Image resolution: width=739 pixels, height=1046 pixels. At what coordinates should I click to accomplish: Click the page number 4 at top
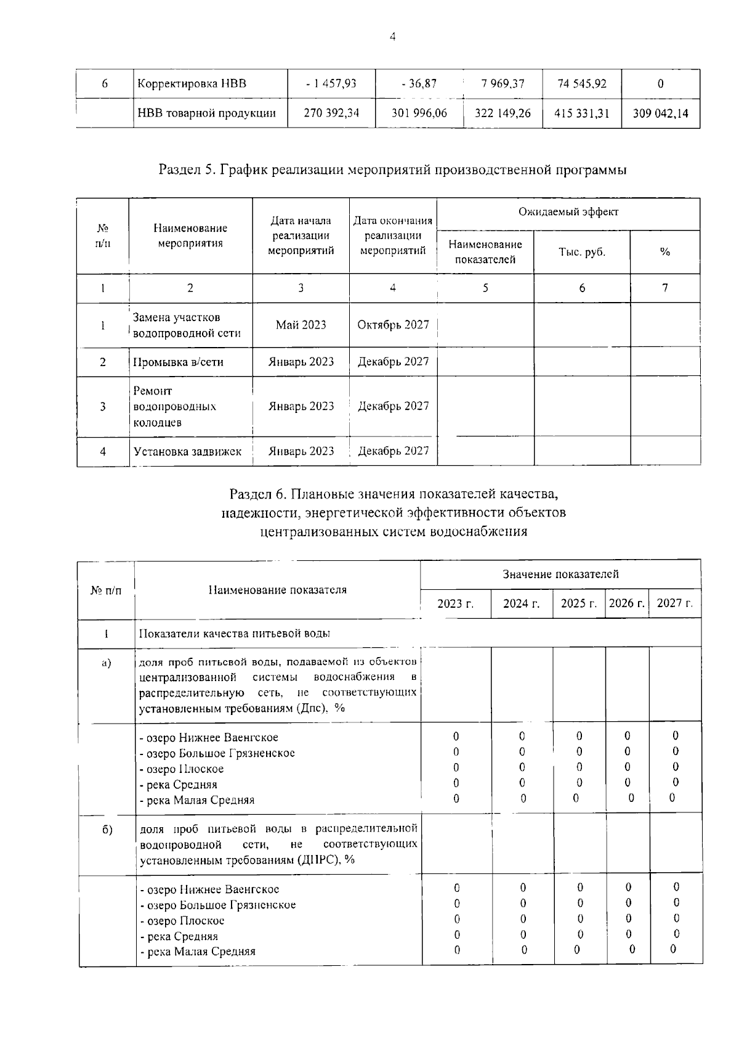coord(392,36)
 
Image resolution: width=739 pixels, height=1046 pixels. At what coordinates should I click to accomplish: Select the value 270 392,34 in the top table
coord(331,113)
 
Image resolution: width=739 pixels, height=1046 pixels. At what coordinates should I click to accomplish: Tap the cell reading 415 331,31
coord(582,113)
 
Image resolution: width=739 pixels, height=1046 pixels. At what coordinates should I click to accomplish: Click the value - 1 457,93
coord(331,83)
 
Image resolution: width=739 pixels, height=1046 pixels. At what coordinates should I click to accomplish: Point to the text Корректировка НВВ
coord(192,83)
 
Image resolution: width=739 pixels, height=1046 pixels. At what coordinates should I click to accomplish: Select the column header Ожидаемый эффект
coord(568,212)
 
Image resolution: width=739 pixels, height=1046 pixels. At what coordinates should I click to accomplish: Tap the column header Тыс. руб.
coord(581,252)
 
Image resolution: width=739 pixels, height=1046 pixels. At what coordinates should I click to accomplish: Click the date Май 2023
coord(301,325)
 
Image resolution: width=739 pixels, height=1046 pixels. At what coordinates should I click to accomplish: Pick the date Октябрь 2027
coord(393,325)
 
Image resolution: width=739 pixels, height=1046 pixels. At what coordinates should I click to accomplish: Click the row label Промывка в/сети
coord(178,362)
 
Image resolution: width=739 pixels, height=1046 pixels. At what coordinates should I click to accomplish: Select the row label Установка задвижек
coord(187,451)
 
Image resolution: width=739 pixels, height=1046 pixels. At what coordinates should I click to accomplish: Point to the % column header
coord(664,252)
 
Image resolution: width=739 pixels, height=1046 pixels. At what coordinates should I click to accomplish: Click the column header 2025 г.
coord(578,603)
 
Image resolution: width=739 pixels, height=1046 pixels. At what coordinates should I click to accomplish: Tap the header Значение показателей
coord(560,574)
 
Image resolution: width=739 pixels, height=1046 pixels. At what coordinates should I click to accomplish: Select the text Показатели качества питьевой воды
coord(234,634)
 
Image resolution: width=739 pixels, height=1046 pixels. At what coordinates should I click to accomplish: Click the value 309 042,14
coord(660,113)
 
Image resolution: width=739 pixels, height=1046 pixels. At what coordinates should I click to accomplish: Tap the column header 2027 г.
coord(674,603)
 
